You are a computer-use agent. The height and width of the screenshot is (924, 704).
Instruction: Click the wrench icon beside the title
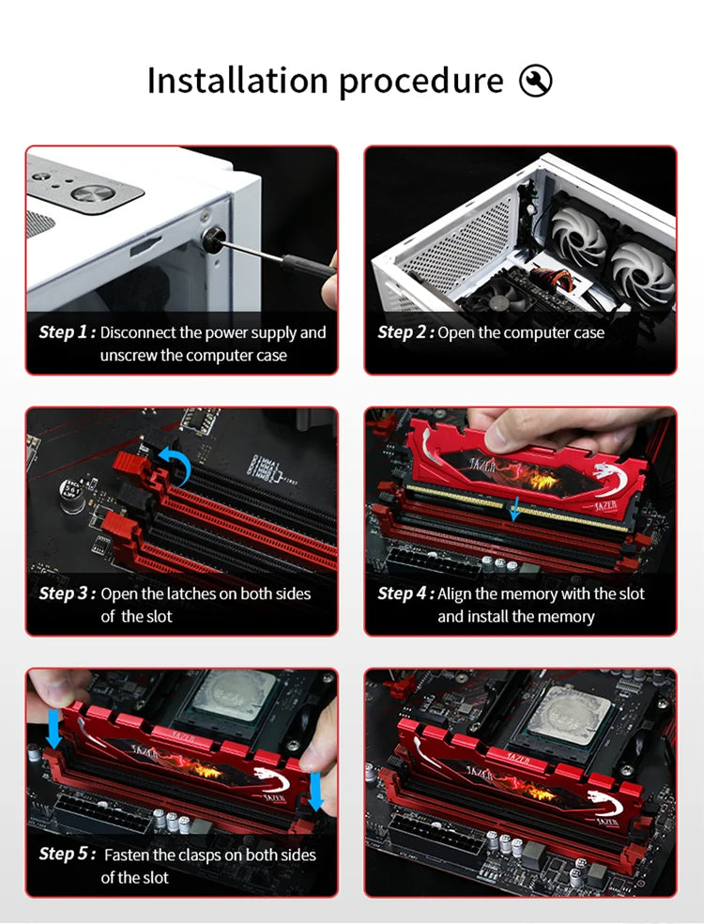pyautogui.click(x=536, y=81)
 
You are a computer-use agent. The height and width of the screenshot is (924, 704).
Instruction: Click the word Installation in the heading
pyautogui.click(x=237, y=80)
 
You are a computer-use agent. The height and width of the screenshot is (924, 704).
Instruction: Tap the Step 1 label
pyautogui.click(x=67, y=332)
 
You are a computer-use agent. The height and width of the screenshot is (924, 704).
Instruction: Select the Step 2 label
pyautogui.click(x=406, y=332)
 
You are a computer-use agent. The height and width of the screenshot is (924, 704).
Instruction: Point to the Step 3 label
pyautogui.click(x=67, y=593)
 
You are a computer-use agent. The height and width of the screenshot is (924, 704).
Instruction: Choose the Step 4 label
pyautogui.click(x=406, y=593)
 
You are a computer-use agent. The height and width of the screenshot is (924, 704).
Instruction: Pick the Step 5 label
pyautogui.click(x=67, y=854)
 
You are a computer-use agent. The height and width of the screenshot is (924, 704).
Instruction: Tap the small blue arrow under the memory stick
pyautogui.click(x=514, y=509)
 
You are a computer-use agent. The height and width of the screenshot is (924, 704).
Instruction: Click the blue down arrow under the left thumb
pyautogui.click(x=54, y=729)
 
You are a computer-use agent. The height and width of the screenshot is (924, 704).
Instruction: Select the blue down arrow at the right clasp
pyautogui.click(x=315, y=792)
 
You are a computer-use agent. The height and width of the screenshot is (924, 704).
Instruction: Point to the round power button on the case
pyautogui.click(x=93, y=193)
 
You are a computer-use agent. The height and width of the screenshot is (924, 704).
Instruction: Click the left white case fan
pyautogui.click(x=579, y=236)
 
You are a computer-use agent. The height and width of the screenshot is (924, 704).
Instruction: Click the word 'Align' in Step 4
pyautogui.click(x=454, y=594)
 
